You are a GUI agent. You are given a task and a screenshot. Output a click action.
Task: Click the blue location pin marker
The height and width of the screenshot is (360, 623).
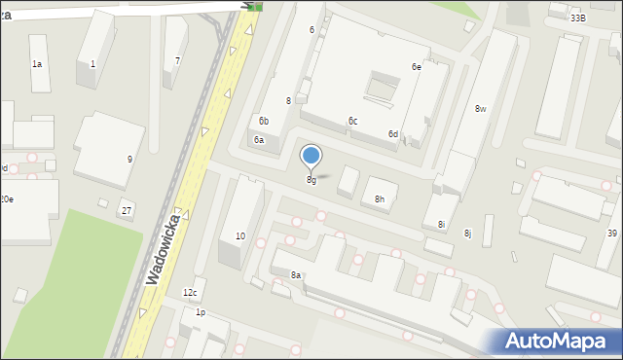(x=311, y=156)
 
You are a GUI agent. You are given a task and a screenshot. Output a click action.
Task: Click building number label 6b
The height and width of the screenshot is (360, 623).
(x=264, y=121)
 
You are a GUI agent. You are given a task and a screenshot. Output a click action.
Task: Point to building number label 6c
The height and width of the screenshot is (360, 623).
(x=353, y=121)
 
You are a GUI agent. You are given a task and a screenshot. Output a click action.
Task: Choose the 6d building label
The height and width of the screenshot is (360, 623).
(x=393, y=133)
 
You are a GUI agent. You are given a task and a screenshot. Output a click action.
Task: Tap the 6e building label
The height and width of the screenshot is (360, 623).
(x=416, y=67)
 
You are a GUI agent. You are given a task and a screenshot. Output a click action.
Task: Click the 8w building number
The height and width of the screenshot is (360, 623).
(x=481, y=109)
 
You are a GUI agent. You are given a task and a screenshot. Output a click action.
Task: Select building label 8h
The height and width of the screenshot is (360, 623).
(x=380, y=199)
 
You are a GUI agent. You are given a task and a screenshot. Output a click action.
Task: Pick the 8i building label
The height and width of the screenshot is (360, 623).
(x=441, y=225)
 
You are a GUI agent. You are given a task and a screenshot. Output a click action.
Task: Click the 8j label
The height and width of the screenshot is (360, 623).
(x=467, y=234)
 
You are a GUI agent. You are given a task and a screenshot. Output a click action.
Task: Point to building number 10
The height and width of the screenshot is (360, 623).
(x=240, y=236)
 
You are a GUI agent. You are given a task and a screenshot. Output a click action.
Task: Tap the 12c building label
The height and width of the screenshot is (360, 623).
(x=190, y=293)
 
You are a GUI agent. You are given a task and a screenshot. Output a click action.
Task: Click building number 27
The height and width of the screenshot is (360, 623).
(x=127, y=210)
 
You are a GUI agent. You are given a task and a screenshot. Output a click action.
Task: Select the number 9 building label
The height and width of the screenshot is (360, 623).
(x=129, y=159)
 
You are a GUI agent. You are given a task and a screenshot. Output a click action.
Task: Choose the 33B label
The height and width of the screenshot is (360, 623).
(x=578, y=18)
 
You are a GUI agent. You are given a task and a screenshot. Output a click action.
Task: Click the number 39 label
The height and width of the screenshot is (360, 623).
(x=612, y=234)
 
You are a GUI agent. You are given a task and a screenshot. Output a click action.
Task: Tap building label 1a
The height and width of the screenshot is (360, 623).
(x=37, y=64)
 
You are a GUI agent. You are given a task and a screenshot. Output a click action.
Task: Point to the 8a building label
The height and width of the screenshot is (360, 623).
(x=296, y=275)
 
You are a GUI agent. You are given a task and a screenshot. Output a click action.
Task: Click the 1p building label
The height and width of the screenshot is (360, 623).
(x=201, y=312)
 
